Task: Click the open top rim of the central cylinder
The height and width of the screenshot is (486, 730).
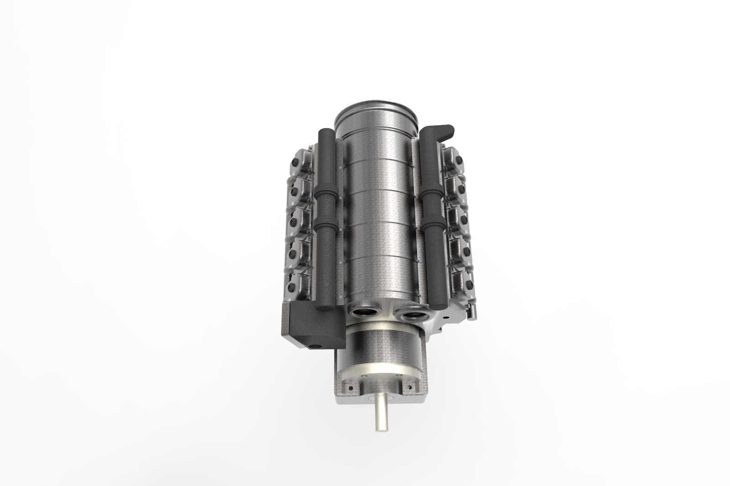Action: (377, 109)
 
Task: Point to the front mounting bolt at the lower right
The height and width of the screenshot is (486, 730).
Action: (413, 388)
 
